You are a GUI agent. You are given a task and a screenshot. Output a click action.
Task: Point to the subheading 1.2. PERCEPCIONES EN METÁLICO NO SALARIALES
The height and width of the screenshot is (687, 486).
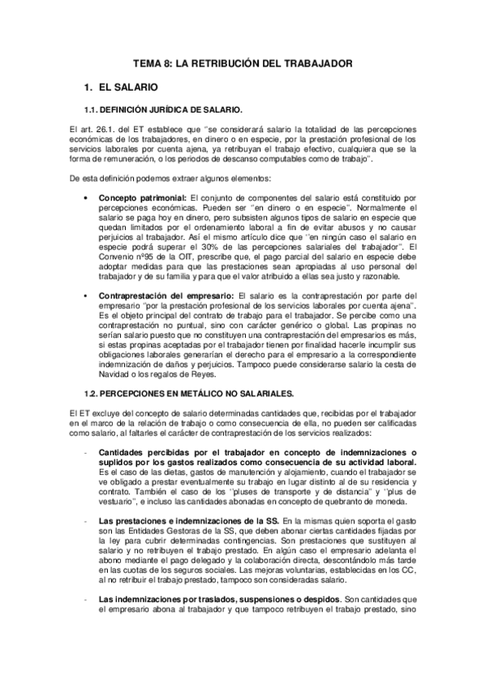[x=185, y=391]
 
